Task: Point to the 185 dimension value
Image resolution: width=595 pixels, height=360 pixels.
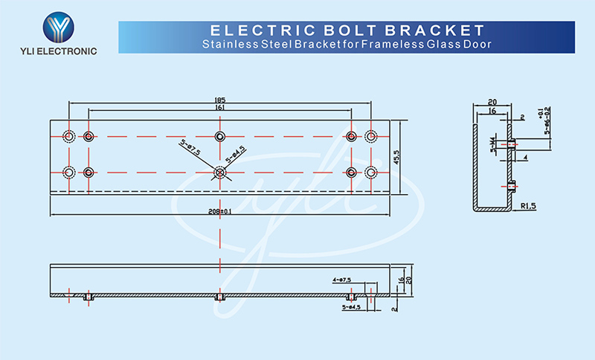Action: point(219,100)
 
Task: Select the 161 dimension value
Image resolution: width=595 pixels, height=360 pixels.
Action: point(219,109)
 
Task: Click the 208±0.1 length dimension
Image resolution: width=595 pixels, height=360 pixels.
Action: point(221,211)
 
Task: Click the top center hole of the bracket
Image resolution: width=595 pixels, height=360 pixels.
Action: point(219,136)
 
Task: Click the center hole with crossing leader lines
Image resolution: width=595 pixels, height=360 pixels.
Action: point(219,173)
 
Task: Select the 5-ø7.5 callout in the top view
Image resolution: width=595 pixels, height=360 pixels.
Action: point(192,147)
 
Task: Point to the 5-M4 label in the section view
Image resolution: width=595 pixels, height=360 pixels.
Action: point(492,145)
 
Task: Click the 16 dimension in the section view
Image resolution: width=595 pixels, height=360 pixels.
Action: point(492,111)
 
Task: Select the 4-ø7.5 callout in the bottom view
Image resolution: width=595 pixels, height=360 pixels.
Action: point(342,280)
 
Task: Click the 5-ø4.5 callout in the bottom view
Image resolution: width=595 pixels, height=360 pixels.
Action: point(350,306)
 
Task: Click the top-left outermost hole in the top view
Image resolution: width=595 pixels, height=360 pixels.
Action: point(68,136)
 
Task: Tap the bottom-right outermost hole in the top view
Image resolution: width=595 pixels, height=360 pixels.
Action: point(371,173)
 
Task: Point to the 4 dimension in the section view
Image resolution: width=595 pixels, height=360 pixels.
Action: point(524,158)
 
